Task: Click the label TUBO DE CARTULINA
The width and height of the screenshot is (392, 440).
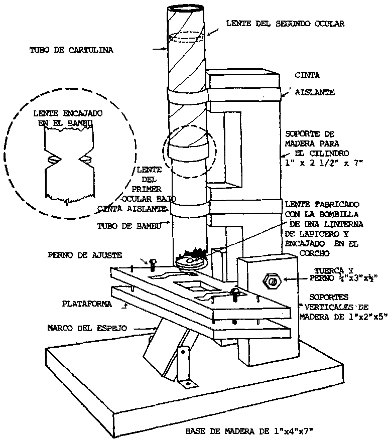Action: pyautogui.click(x=71, y=50)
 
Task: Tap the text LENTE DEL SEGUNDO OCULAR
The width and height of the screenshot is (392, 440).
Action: pyautogui.click(x=285, y=23)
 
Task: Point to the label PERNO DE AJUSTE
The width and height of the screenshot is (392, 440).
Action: pyautogui.click(x=85, y=255)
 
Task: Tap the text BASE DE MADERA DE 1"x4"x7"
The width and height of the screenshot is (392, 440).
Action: pyautogui.click(x=249, y=430)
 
